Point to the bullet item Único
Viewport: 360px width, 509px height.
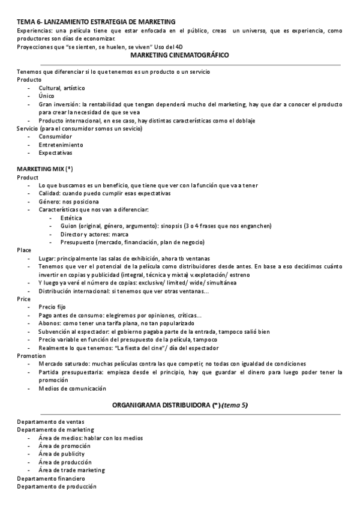click(46, 95)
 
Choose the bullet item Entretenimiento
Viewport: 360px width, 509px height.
click(61, 145)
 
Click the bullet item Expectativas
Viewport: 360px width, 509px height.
click(56, 152)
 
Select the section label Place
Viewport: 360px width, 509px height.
click(24, 250)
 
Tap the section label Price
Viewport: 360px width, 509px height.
click(24, 298)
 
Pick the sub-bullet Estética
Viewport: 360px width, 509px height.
click(71, 217)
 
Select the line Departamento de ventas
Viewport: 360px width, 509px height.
click(50, 421)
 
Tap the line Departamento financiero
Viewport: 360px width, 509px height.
click(51, 478)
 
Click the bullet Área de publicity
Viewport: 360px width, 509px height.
click(62, 454)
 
